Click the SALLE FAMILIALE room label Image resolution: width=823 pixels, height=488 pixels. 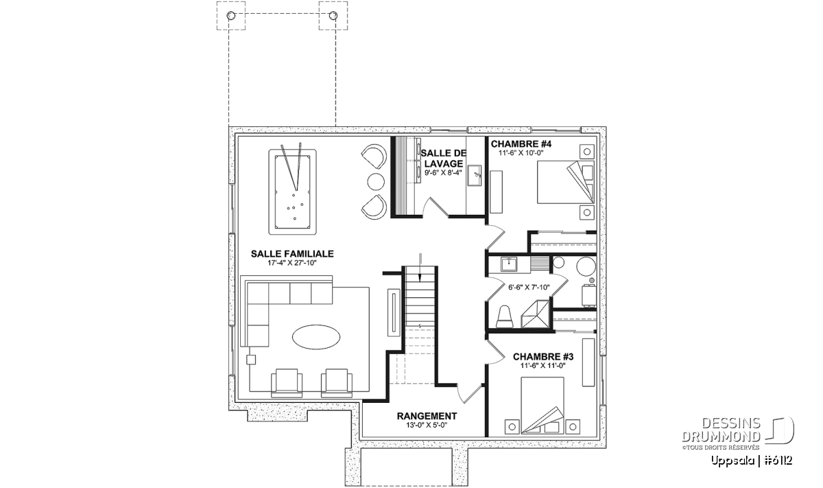tap(292, 254)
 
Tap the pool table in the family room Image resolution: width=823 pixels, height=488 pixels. tap(292, 191)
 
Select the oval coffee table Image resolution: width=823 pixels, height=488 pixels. tap(316, 337)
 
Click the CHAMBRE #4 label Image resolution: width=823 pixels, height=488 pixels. tap(521, 143)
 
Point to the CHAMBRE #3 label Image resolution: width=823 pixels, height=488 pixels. tap(543, 357)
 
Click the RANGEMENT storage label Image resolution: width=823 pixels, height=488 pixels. tap(427, 416)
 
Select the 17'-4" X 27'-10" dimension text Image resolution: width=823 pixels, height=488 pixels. tap(292, 263)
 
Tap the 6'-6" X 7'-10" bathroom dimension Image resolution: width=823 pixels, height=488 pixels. tap(529, 287)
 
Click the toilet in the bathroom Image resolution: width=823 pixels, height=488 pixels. tap(504, 316)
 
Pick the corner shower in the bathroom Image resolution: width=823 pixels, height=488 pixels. tap(535, 313)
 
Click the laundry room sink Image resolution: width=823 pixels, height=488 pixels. tap(474, 176)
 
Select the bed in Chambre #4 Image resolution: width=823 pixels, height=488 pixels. tap(565, 182)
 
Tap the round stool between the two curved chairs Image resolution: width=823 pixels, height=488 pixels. tap(376, 182)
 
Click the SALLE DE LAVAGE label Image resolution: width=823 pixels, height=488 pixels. tap(444, 158)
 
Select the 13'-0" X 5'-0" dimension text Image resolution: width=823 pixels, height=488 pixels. tap(427, 425)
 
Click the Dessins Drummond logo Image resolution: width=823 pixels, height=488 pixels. tap(738, 433)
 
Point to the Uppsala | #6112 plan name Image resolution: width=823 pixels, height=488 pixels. tap(752, 461)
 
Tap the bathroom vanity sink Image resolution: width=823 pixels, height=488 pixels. tap(508, 264)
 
